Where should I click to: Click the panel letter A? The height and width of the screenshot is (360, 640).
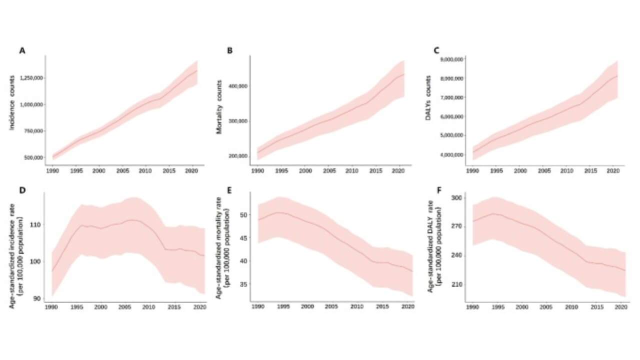coord(22,50)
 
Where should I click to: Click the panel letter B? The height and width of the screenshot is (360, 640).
coord(229,50)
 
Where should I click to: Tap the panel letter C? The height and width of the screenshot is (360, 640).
coord(436,50)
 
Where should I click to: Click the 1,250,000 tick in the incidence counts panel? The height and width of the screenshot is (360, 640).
coord(32,78)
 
